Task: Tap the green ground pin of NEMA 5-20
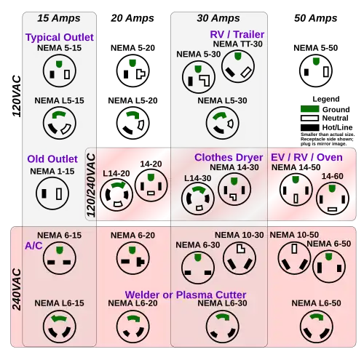point(132,63)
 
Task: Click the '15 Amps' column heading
point(59,18)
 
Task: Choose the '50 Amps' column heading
point(315,18)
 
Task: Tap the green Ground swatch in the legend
point(309,109)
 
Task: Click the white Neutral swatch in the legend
point(309,118)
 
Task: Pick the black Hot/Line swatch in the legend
point(309,127)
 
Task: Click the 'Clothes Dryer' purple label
point(229,158)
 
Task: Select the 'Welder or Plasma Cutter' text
point(186,295)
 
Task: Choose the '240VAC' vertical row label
point(17,289)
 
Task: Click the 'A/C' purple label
point(33,246)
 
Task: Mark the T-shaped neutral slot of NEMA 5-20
point(141,74)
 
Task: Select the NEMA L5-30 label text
point(222,100)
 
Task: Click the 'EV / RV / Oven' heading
point(306,158)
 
